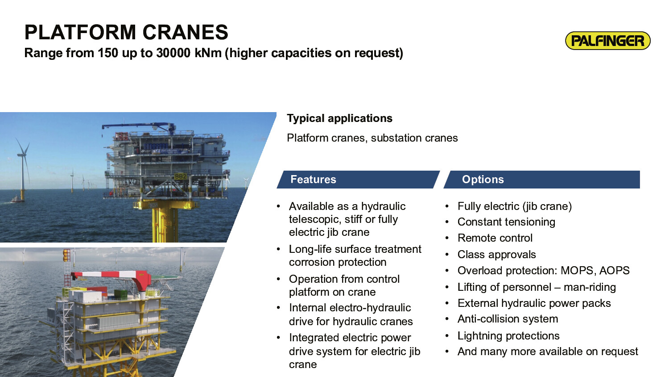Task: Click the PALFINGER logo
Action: (x=608, y=41)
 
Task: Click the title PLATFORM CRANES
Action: (x=126, y=32)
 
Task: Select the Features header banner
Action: (x=358, y=180)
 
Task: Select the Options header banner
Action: (x=542, y=180)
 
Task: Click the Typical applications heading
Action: (x=339, y=118)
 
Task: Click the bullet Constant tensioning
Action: (x=506, y=222)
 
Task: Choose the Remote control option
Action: (x=495, y=238)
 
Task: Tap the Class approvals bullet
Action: (x=497, y=255)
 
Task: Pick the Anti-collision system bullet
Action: (x=508, y=319)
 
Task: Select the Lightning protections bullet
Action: (x=508, y=336)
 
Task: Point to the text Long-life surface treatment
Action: (x=355, y=249)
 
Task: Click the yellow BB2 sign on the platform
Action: (x=180, y=176)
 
